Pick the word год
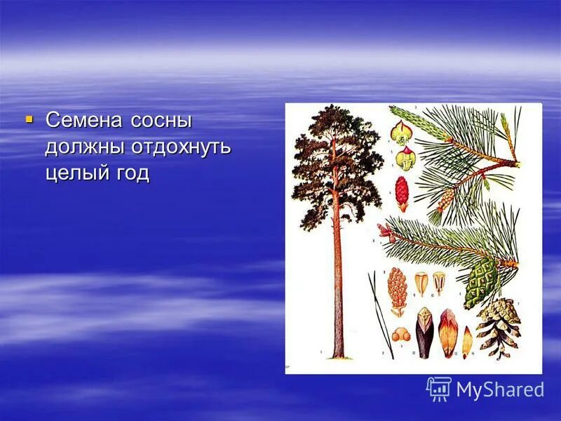tap(133, 173)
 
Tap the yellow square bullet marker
tap(29, 119)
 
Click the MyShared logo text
tap(500, 389)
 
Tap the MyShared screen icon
tap(439, 389)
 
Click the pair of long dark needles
tap(381, 316)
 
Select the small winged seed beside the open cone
tap(467, 342)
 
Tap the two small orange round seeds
tap(400, 335)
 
